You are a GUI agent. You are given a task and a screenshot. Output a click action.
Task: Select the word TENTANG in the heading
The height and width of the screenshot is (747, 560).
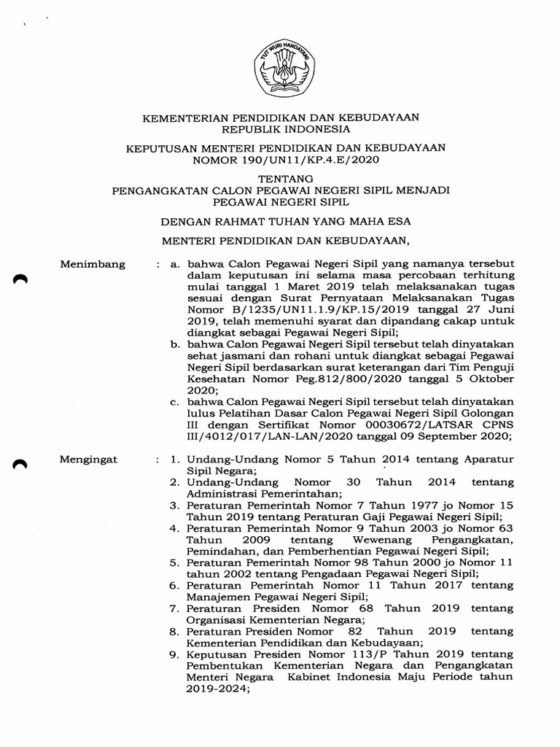[281, 178]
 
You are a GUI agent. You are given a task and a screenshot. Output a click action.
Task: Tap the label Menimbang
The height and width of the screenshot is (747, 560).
[93, 264]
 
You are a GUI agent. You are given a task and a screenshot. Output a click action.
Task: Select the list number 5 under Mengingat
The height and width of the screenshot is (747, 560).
[174, 563]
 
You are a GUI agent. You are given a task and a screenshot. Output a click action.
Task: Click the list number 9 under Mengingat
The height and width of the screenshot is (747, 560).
[174, 655]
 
